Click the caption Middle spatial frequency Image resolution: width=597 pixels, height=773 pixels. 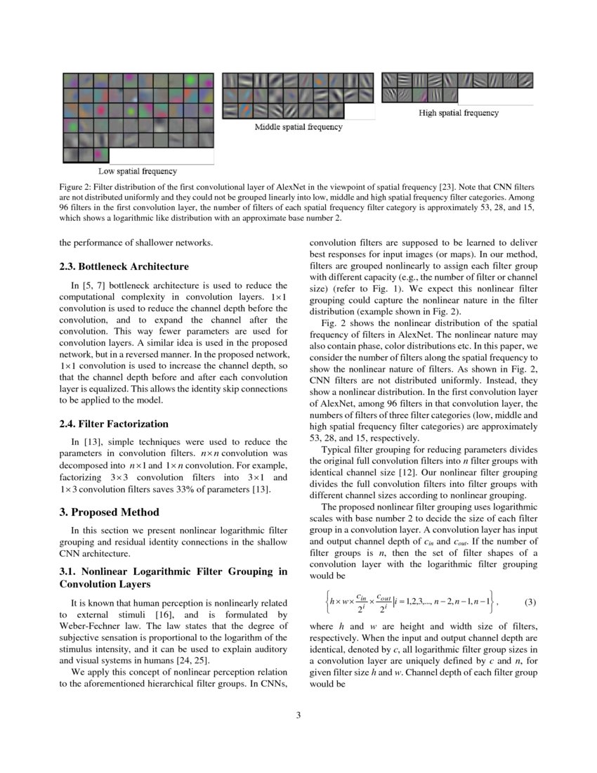tap(298, 127)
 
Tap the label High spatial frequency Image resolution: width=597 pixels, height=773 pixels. tap(459, 112)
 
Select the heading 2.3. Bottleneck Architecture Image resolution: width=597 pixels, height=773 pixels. tap(124, 267)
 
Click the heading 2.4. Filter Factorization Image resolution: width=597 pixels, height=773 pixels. tap(114, 424)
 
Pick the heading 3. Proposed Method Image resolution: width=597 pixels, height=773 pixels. tap(109, 512)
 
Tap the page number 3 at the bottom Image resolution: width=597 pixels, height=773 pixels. tap(298, 715)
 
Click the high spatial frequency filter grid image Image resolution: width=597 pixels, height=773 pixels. tap(457, 86)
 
